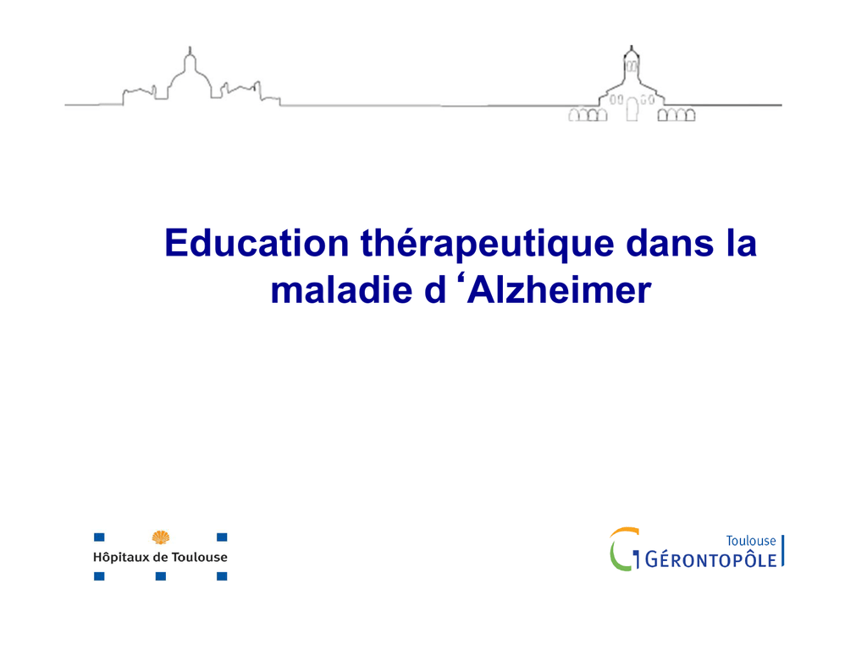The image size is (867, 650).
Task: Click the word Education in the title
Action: [257, 243]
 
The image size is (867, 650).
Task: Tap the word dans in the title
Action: [671, 243]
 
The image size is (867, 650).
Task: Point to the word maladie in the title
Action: [342, 290]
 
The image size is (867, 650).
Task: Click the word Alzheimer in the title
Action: [559, 290]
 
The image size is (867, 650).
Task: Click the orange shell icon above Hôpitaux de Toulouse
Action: [160, 537]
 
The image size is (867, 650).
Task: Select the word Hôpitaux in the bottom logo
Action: [121, 557]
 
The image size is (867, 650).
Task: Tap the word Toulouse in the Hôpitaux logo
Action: [199, 557]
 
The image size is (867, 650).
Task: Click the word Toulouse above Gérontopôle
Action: [751, 541]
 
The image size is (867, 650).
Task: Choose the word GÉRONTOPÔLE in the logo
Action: [710, 560]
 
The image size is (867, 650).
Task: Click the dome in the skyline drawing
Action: [190, 74]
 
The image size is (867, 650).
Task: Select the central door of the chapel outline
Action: [632, 109]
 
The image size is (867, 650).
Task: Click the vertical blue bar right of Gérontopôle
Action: [783, 550]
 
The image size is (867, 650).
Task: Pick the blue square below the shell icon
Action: [160, 576]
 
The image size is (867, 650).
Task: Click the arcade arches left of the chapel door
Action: [588, 114]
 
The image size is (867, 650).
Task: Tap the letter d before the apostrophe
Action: [435, 290]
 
